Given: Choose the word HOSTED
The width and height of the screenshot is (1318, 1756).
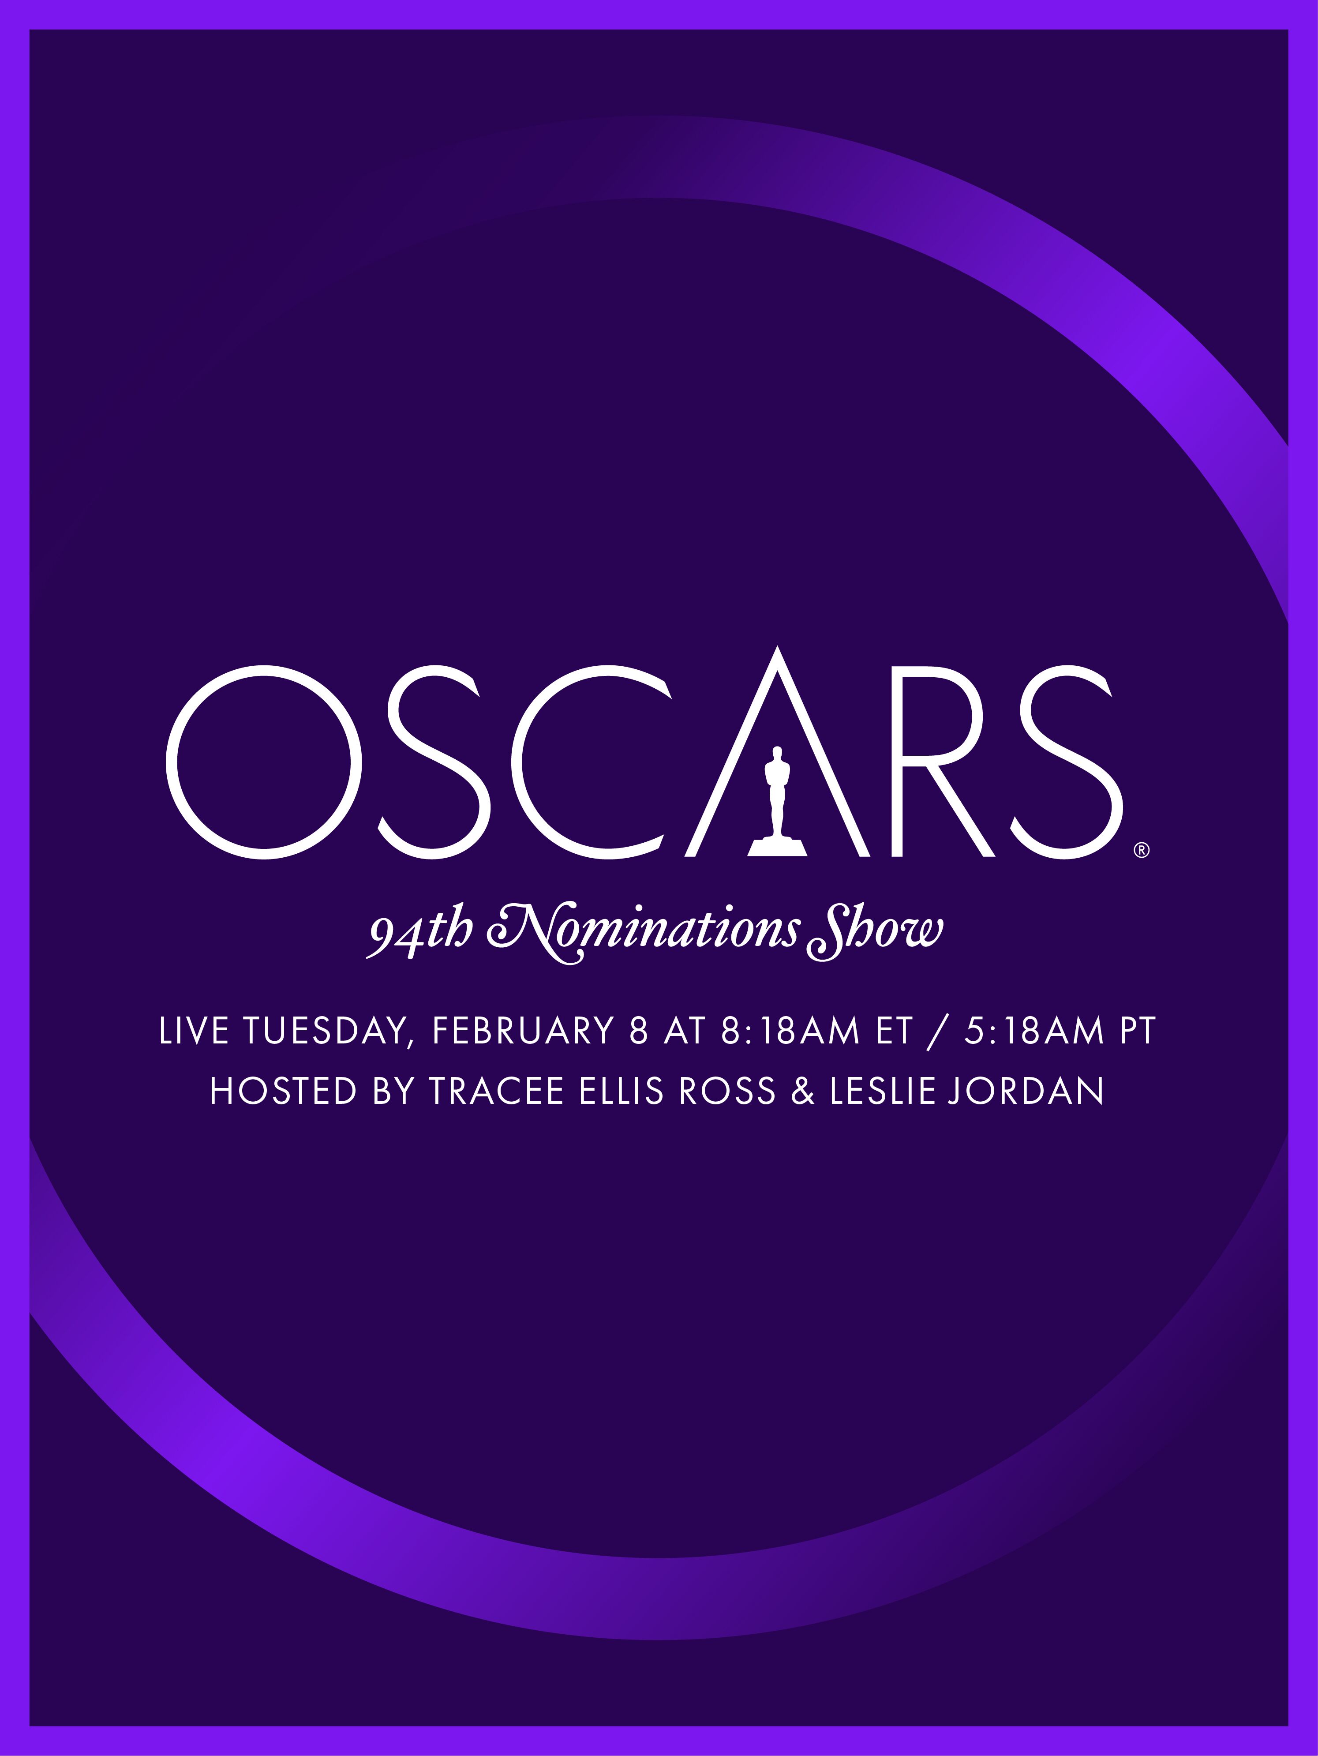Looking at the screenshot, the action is point(283,1092).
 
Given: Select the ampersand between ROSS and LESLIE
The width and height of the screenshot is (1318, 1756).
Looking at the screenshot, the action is point(803,1092).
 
